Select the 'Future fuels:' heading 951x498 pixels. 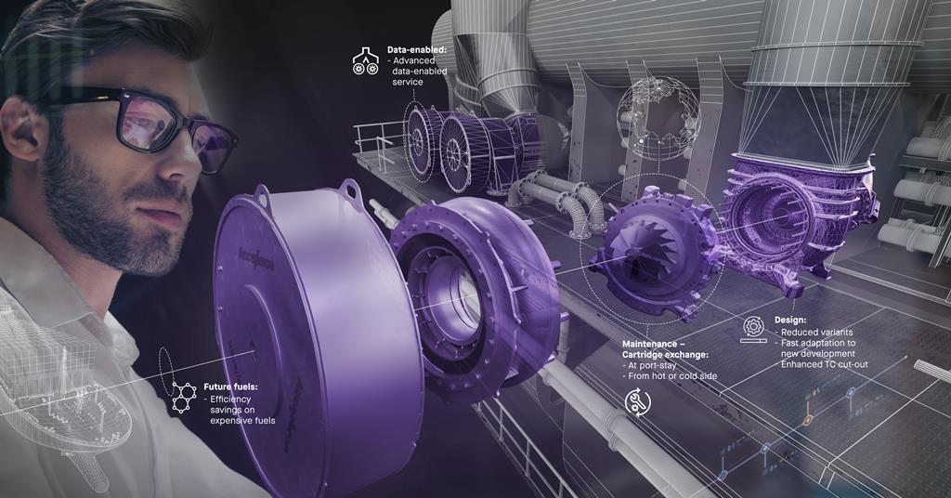pyautogui.click(x=231, y=386)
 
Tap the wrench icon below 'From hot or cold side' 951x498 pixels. pyautogui.click(x=638, y=401)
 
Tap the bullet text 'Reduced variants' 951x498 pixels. pyautogui.click(x=817, y=332)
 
